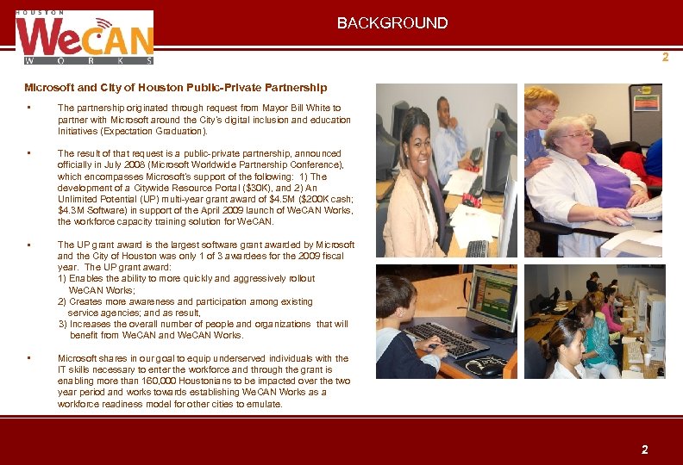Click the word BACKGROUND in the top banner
coord(392,23)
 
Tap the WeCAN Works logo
coord(85,38)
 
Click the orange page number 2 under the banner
coord(665,58)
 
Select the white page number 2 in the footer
coord(643,449)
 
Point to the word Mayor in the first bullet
coord(272,108)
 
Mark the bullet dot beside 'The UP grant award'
coord(29,245)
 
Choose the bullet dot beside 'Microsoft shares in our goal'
coord(29,357)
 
